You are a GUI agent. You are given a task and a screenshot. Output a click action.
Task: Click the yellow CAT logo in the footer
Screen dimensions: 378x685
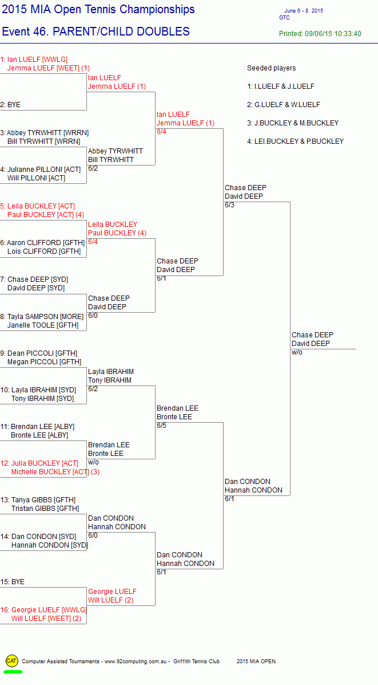12,660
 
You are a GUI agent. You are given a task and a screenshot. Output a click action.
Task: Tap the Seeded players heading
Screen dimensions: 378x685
272,68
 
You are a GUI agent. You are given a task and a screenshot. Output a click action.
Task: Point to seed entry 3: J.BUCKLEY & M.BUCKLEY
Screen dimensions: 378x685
293,123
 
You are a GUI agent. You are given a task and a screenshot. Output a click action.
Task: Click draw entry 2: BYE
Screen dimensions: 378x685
10,105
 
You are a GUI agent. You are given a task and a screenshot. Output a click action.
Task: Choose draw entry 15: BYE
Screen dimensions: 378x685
12,582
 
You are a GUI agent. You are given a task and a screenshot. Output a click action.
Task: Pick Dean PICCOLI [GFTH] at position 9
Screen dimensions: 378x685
39,353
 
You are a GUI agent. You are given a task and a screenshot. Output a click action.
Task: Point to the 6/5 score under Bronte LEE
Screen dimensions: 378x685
161,426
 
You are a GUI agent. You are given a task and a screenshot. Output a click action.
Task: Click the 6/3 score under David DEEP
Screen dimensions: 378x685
230,205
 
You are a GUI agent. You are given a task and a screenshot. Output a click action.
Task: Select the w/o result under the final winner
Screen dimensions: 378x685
297,352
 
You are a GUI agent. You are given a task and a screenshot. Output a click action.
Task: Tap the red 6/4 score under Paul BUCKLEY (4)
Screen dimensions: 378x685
93,242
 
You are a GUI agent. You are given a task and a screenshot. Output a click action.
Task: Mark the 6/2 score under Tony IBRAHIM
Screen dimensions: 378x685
93,389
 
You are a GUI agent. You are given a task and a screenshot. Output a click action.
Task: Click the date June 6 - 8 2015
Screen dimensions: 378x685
304,11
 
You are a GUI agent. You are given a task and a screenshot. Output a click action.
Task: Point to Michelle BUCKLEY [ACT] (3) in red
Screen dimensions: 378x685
55,472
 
